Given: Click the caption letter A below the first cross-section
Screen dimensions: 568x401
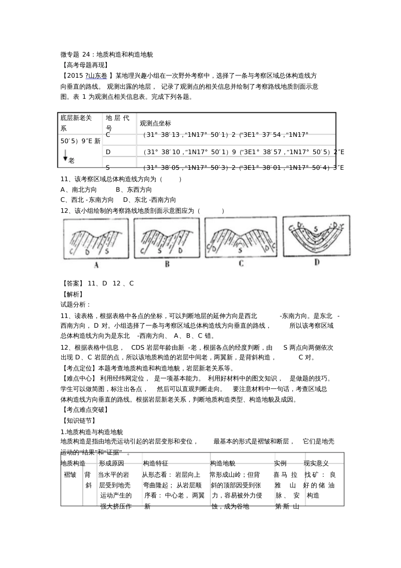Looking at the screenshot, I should [x=96, y=265].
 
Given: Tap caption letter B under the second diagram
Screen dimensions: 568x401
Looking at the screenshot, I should [x=167, y=264].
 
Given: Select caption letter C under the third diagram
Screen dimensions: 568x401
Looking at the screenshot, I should [x=241, y=264].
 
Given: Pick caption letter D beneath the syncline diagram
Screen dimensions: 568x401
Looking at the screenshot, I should [x=317, y=262].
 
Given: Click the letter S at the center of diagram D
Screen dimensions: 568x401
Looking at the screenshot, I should [x=316, y=229].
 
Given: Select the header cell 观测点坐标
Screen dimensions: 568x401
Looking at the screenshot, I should [x=155, y=123].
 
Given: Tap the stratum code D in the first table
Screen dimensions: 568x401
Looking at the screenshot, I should [x=108, y=152].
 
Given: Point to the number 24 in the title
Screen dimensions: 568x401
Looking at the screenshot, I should [x=86, y=54].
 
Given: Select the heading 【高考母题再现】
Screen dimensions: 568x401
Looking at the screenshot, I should [x=84, y=65].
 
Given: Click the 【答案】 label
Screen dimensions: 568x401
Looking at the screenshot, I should [x=72, y=283].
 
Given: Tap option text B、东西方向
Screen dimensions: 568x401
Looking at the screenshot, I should [x=134, y=190].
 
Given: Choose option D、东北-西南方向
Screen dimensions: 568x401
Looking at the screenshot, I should [x=149, y=200].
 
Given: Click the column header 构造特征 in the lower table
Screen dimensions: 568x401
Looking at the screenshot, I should [x=155, y=463].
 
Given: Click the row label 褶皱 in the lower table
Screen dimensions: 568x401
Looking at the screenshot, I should [x=70, y=474].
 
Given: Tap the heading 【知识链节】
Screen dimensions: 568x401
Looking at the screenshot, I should [x=79, y=421].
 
